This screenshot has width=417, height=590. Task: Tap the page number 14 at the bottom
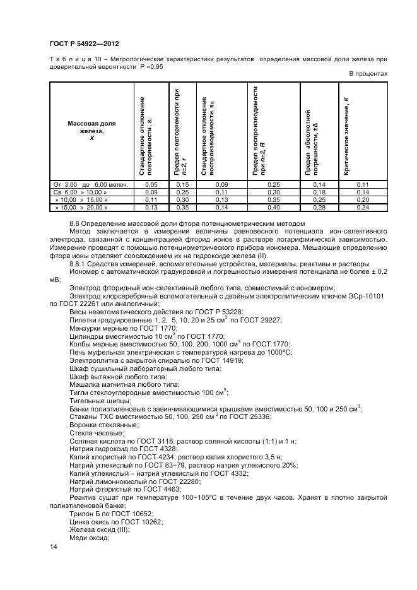[53, 548]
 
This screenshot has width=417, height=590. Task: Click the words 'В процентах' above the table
[368, 74]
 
